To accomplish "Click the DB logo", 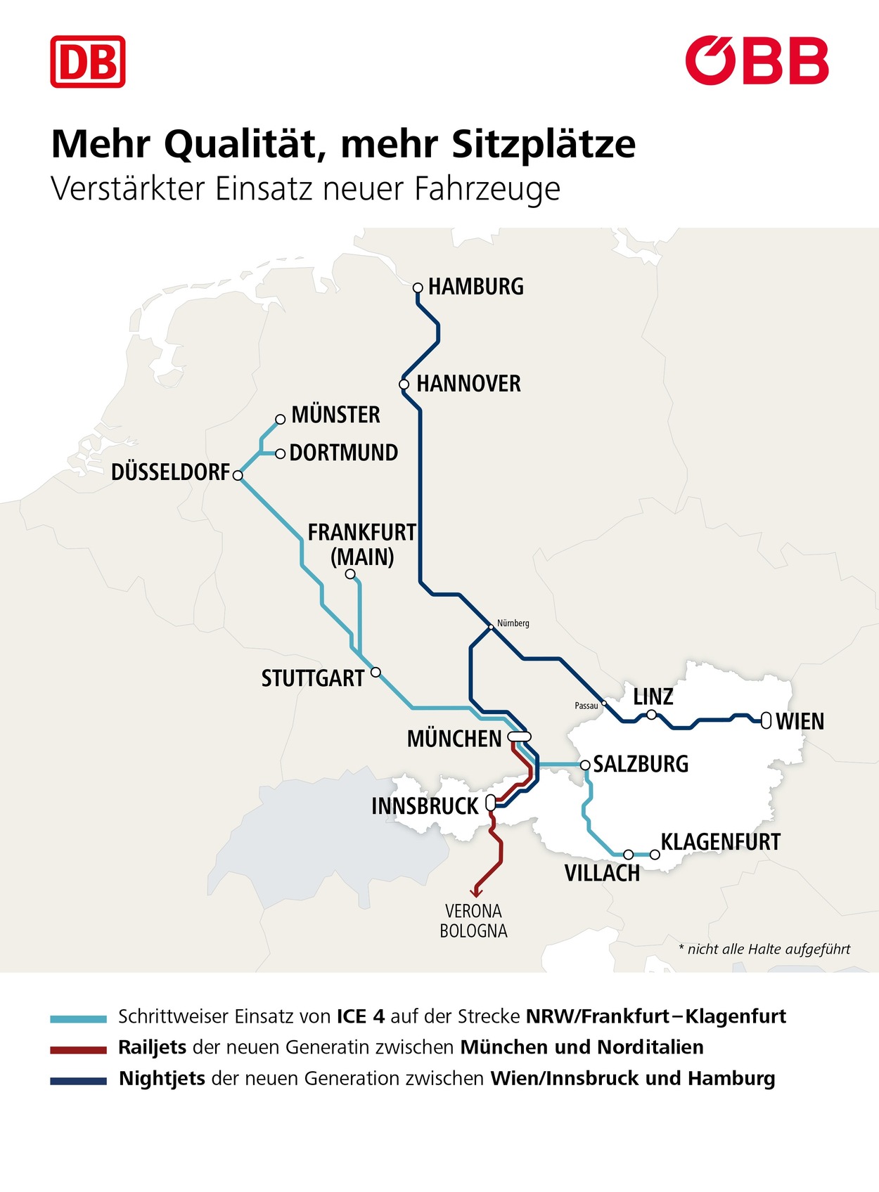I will point(88,62).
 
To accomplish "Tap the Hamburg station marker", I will point(417,287).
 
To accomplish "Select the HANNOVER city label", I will point(468,384).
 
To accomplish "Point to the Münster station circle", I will point(280,419).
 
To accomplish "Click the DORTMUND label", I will point(343,453).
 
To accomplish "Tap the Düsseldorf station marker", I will point(238,476).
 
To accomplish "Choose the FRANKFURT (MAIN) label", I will point(361,544).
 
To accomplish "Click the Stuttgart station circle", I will point(376,672).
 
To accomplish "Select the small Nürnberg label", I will point(513,623).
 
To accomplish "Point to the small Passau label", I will point(586,705).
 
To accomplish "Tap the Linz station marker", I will point(651,715).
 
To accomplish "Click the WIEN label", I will point(800,722).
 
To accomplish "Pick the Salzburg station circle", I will point(585,765).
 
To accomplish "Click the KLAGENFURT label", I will point(720,842).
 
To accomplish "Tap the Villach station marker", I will point(629,855).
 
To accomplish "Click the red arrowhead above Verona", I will point(476,893).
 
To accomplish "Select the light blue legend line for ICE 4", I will point(78,1018).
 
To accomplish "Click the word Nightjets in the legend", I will point(162,1079).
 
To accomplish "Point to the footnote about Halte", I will point(764,950).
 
